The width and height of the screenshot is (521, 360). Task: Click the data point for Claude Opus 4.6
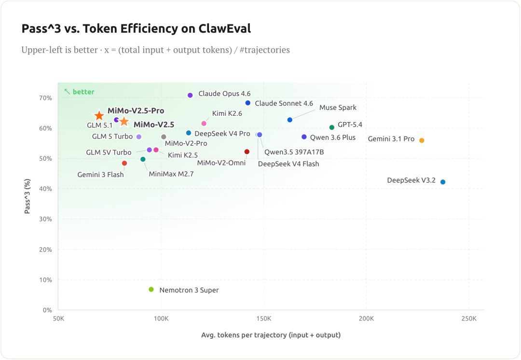coord(190,96)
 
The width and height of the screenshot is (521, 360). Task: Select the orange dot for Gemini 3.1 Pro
coord(422,140)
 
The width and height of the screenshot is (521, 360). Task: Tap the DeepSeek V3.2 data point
coord(443,182)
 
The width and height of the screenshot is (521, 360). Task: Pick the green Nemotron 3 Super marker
coord(151,290)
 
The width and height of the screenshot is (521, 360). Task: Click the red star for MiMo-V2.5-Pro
coord(99,116)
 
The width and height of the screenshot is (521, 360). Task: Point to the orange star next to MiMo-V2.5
coord(124,122)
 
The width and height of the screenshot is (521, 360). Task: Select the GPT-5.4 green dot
coord(332,127)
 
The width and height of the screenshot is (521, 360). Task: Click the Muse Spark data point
coord(290,120)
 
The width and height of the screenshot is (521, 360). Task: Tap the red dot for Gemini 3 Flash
coord(124,164)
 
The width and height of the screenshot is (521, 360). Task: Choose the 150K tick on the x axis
coord(263,318)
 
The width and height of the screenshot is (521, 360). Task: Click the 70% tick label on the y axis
coord(45,98)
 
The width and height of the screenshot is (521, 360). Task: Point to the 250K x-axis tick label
coord(469,318)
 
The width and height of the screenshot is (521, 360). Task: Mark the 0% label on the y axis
coord(47,310)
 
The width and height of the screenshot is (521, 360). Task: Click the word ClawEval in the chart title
coord(225,29)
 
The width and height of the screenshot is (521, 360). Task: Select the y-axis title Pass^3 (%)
coord(27,196)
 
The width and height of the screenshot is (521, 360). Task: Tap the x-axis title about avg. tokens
coord(271,335)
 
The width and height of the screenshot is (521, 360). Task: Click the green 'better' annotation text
coord(83,92)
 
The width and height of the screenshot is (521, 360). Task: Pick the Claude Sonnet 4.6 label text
coord(284,103)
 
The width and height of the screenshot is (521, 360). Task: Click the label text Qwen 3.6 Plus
coord(332,138)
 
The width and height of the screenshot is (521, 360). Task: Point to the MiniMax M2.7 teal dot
coord(143,159)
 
